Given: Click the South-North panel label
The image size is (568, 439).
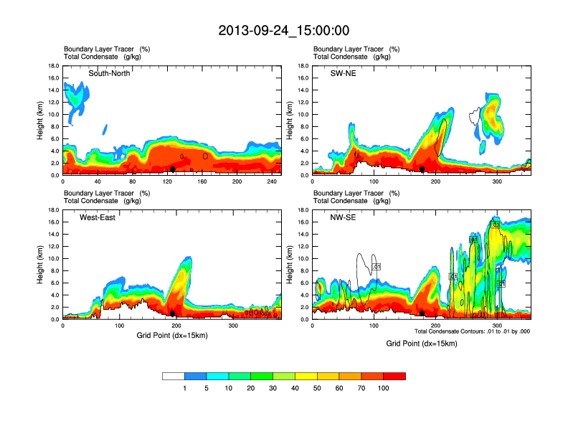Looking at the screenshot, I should pos(109,73).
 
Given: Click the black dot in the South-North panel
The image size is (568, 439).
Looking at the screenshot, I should pos(173,169).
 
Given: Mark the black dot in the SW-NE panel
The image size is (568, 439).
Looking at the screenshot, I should pos(422,169).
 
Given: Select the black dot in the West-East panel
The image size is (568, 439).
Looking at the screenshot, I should pos(173,313).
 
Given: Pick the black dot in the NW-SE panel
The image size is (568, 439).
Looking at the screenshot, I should pos(422,313).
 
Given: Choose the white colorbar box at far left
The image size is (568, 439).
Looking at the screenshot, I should pos(174,376).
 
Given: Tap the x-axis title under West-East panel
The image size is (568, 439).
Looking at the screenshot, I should pos(172,335).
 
